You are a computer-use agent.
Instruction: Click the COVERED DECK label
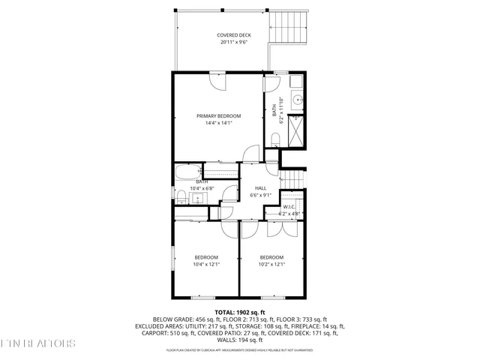click(x=234, y=35)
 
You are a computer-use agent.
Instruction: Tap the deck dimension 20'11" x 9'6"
click(x=234, y=43)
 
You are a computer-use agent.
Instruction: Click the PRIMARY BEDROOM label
click(x=219, y=115)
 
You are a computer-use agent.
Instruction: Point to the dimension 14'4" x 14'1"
click(x=219, y=123)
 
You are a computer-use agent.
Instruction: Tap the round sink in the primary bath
click(x=296, y=99)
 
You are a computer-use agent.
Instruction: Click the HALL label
click(x=260, y=188)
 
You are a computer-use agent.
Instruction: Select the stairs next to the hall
click(x=292, y=180)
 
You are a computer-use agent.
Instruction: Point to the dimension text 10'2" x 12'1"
click(x=272, y=264)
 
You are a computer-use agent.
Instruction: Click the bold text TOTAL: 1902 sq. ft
click(x=240, y=311)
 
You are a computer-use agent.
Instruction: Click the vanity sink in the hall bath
click(x=197, y=199)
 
